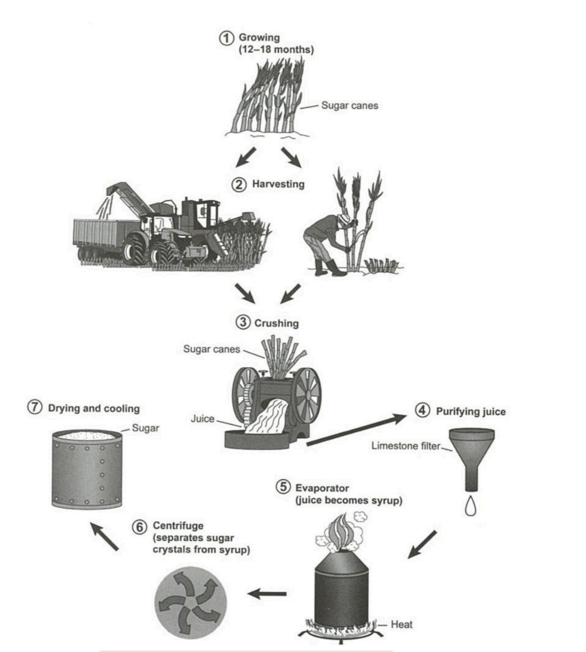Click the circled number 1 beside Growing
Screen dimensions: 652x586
pos(226,39)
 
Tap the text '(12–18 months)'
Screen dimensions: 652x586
pos(276,50)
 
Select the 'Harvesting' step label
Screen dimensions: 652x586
pos(278,184)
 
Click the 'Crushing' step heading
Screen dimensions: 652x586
pos(276,323)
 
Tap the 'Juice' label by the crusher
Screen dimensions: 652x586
pos(202,419)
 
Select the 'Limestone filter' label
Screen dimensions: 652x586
pos(406,446)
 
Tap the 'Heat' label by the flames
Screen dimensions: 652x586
pos(401,625)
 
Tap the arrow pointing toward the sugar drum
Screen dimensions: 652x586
pos(105,535)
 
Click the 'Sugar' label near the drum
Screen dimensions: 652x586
pos(145,428)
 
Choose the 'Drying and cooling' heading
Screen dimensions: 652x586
pos(93,409)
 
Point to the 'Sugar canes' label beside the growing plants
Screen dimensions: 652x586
pos(349,106)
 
